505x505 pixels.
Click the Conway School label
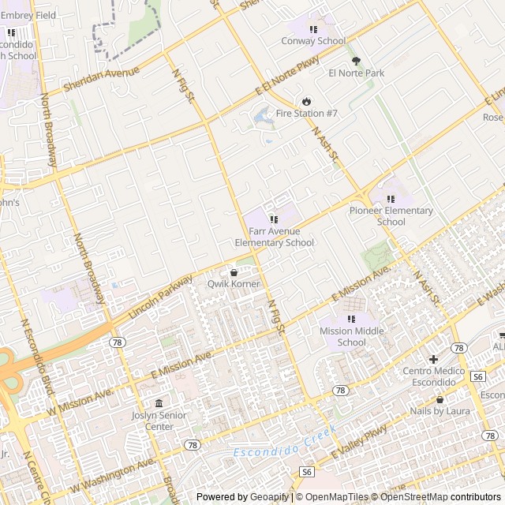(313, 41)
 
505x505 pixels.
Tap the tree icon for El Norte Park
(356, 60)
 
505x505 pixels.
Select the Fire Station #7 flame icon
(306, 101)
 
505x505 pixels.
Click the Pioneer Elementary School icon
(391, 199)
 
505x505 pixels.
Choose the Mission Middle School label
(351, 337)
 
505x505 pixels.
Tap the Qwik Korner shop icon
(234, 272)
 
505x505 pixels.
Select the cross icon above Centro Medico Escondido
(433, 359)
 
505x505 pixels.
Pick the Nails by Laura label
(440, 411)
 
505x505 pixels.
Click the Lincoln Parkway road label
(160, 297)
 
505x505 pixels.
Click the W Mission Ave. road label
(80, 400)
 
